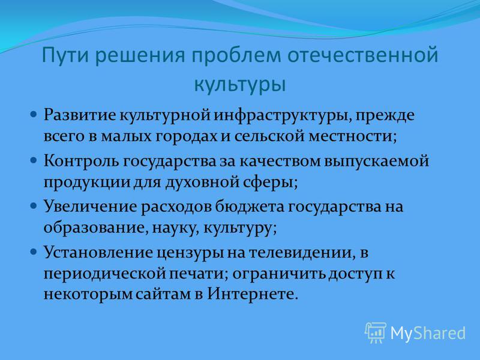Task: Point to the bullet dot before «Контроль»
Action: click(34, 160)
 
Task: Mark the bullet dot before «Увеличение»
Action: click(34, 206)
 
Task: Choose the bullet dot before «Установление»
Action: click(34, 252)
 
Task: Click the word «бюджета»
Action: click(249, 206)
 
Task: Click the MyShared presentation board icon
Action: click(375, 333)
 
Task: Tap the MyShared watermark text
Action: click(428, 334)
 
